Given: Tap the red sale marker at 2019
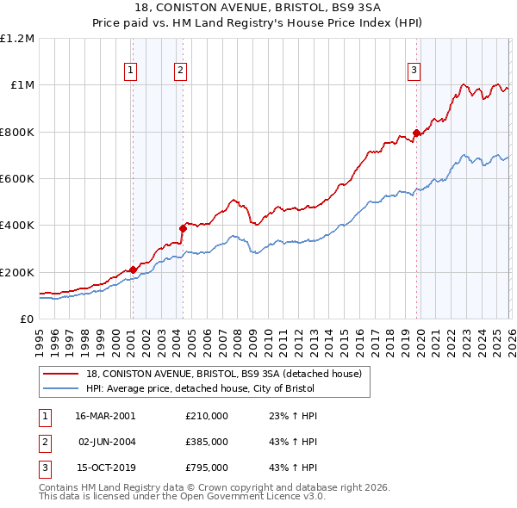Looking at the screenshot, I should (416, 133).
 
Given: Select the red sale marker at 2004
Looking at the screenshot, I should (183, 228).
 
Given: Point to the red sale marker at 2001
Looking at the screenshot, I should (133, 269).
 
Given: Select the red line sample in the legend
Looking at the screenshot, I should (62, 374).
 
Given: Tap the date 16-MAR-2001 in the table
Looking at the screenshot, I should (105, 416).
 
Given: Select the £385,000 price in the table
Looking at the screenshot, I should (207, 442).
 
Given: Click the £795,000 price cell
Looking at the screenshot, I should (207, 468).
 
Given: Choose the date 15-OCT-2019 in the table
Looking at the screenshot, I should (105, 468).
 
